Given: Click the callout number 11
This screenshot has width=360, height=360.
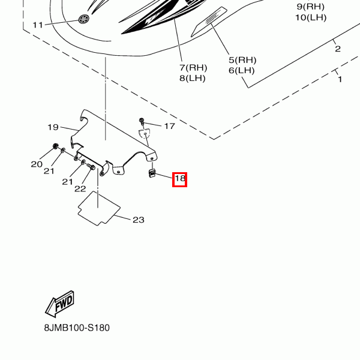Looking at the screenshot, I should tap(38, 25).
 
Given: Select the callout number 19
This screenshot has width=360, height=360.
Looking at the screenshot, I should tap(53, 127).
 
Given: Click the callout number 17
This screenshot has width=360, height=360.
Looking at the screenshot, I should tap(169, 127).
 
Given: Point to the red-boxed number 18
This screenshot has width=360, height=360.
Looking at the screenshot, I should tap(180, 178).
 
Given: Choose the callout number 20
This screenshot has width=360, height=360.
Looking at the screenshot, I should tap(37, 164).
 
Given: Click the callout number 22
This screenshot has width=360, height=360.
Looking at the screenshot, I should tap(80, 189).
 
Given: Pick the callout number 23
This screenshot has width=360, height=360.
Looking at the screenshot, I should tap(138, 220).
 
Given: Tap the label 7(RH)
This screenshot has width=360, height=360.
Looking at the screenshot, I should tap(193, 67).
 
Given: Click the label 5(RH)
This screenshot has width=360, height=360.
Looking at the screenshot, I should tap(242, 60).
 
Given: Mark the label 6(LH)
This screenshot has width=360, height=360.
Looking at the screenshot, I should tap(242, 70).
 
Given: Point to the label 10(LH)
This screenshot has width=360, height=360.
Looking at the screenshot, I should tap(311, 17).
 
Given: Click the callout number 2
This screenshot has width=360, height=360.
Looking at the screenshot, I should tap(338, 49).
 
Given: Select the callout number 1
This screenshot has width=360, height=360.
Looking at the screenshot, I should tap(340, 79).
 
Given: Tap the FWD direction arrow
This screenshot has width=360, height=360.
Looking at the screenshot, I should tap(59, 305).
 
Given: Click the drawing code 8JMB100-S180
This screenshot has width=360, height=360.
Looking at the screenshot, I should tap(77, 328).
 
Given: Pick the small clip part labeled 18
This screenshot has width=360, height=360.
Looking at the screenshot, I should tap(152, 175).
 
